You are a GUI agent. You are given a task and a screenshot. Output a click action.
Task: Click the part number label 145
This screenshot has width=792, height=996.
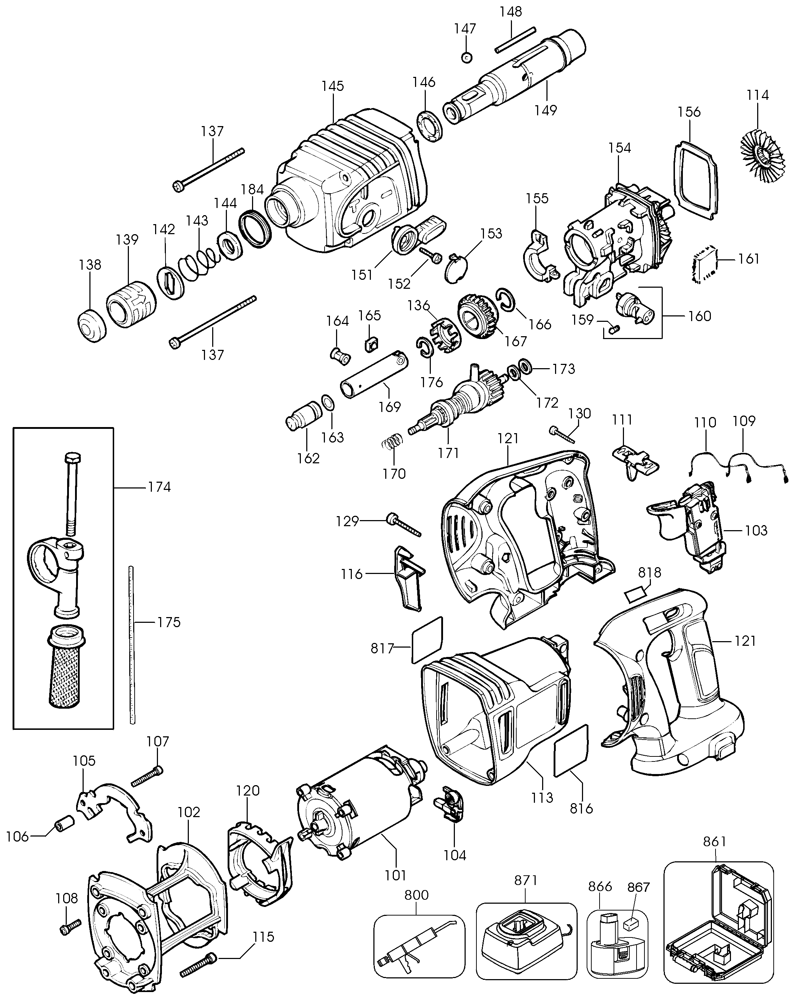(x=332, y=86)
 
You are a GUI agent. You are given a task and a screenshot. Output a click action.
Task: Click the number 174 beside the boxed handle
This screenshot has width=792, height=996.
(x=159, y=487)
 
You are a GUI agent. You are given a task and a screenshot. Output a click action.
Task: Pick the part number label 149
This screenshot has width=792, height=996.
(x=546, y=110)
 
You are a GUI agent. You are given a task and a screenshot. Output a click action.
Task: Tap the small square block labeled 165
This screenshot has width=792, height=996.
(x=371, y=344)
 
